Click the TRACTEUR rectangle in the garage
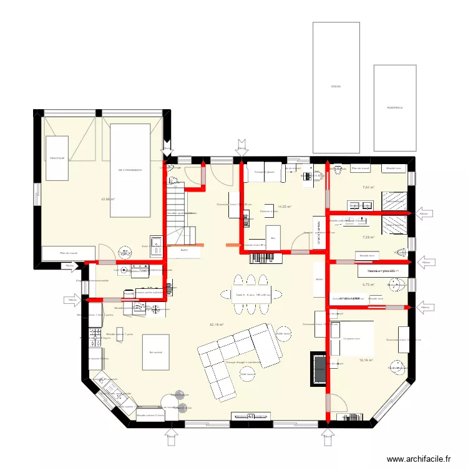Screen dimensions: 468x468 [x=57, y=158]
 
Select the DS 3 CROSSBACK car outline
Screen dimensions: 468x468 [x=130, y=170]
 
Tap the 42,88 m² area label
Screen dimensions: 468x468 [x=109, y=200]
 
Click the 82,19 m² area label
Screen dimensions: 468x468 [x=217, y=324]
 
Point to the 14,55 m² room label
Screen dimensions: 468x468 [x=285, y=207]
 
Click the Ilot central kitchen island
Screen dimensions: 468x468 [x=155, y=353]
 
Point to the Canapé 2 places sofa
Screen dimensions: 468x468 [x=265, y=172]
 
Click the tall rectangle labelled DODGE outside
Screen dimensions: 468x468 [x=336, y=87]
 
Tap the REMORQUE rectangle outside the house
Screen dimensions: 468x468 [x=394, y=107]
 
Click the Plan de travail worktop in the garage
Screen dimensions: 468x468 [x=68, y=253]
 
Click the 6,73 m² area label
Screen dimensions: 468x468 [x=368, y=285]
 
